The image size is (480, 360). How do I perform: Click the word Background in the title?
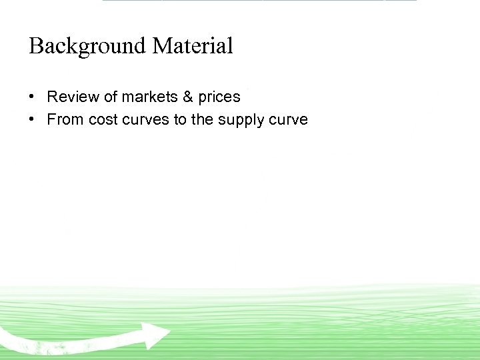(x=87, y=47)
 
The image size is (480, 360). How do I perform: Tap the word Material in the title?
(x=193, y=47)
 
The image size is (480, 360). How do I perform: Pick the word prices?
(x=219, y=97)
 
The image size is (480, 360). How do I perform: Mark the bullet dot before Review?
(x=32, y=97)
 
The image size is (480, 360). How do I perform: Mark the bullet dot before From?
(x=32, y=120)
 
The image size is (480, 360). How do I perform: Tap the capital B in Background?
(x=36, y=47)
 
